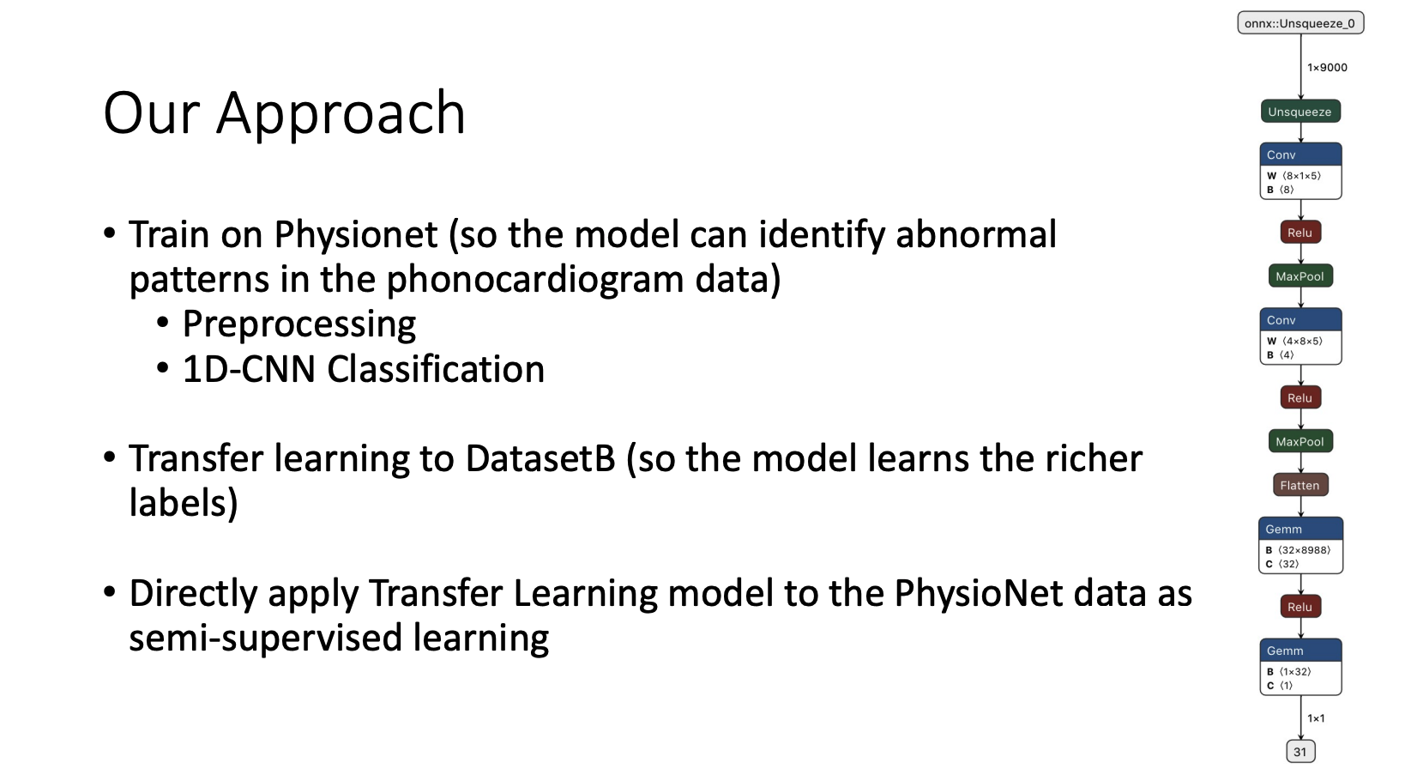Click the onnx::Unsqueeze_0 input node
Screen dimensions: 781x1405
(1299, 23)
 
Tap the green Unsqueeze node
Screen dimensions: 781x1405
(1299, 112)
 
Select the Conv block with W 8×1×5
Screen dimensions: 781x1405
(1299, 172)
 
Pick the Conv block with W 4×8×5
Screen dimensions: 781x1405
(1299, 336)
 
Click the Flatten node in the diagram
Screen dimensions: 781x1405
(1299, 486)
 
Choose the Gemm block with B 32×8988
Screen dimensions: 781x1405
(1299, 545)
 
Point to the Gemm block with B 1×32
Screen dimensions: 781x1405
(1299, 667)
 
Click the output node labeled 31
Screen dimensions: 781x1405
(1300, 752)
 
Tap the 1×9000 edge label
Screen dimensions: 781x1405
(1327, 68)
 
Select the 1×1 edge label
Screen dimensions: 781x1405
(1316, 718)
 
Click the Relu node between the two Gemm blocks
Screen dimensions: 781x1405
(1299, 607)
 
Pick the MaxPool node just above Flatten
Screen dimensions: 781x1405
(1299, 442)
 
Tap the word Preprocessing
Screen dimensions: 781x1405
(299, 324)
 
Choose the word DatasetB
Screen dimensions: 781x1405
(540, 458)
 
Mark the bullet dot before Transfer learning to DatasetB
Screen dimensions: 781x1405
(110, 456)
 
